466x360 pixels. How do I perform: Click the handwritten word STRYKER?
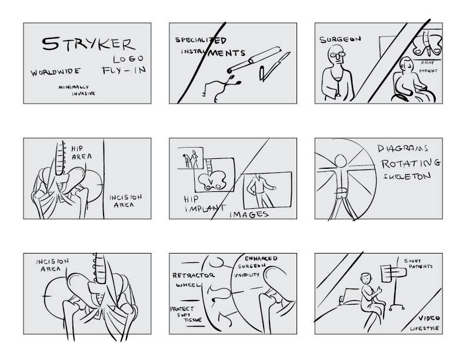[x=89, y=44]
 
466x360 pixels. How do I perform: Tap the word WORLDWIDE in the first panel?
[x=55, y=72]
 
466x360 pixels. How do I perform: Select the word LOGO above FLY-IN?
[x=128, y=59]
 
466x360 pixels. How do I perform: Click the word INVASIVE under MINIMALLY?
[x=84, y=94]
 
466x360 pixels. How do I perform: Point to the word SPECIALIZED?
[x=201, y=40]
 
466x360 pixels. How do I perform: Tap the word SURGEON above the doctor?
[x=340, y=39]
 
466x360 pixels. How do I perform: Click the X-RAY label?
[x=427, y=63]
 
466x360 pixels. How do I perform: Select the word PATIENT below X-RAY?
[x=428, y=71]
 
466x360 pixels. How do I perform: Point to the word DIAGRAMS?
[x=402, y=148]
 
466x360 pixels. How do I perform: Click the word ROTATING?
[x=411, y=164]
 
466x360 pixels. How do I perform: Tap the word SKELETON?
[x=407, y=176]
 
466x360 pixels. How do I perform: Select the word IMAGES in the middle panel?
[x=249, y=214]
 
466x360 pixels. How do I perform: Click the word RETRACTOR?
[x=193, y=275]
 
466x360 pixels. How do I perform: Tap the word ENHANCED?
[x=261, y=258]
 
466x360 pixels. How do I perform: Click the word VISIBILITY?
[x=247, y=275]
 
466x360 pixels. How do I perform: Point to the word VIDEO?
[x=429, y=318]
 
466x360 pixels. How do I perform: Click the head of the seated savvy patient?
[x=366, y=279]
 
